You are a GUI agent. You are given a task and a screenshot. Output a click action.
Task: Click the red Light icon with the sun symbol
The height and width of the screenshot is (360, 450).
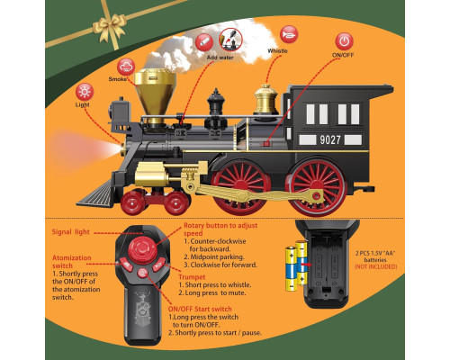click(x=85, y=92)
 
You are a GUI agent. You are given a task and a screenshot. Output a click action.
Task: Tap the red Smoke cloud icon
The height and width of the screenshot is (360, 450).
click(x=126, y=67)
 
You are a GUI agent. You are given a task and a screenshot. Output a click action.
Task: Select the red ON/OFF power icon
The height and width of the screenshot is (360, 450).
click(x=344, y=41)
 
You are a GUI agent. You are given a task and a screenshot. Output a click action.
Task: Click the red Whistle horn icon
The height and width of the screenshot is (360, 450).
click(x=289, y=34)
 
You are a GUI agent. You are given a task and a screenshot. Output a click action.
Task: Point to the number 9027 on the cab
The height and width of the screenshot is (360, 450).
click(x=330, y=139)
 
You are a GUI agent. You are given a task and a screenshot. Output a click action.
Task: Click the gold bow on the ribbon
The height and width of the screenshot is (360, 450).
click(x=109, y=26)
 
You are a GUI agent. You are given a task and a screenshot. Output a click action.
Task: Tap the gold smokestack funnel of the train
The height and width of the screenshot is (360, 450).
click(x=155, y=93)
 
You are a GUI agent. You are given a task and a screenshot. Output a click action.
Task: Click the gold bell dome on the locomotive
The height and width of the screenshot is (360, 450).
click(x=265, y=100)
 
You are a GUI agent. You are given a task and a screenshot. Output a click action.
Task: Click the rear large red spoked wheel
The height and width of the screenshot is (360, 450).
click(x=318, y=186)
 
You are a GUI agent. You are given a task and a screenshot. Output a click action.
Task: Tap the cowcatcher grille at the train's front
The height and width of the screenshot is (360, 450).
click(x=96, y=194)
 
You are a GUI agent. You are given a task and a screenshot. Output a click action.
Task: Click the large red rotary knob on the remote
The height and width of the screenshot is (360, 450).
click(x=142, y=250)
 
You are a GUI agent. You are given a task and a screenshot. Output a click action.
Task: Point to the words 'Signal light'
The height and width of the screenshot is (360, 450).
click(x=70, y=232)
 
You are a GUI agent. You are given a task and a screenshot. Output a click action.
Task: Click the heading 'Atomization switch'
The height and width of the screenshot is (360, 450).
click(x=72, y=262)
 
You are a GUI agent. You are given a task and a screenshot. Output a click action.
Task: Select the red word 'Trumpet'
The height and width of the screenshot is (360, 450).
click(x=192, y=277)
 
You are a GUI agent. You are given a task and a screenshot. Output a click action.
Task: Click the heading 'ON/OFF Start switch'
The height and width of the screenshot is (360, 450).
click(x=200, y=309)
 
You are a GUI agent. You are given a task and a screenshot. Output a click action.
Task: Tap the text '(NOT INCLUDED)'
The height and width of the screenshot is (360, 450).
click(x=375, y=266)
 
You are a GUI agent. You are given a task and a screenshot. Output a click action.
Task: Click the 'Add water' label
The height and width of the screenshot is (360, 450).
click(x=220, y=58)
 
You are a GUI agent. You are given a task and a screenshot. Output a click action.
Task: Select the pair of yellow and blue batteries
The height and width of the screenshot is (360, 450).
click(x=296, y=265)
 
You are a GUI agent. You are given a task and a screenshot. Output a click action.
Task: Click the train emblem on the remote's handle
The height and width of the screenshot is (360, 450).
click(x=143, y=309)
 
